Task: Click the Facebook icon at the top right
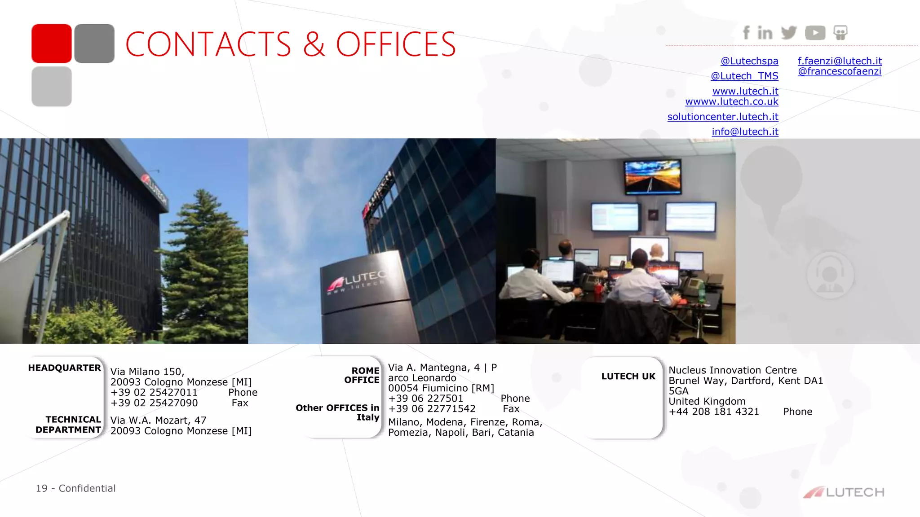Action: coord(746,32)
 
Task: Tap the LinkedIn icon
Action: coord(765,33)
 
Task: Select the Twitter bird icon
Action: coord(789,32)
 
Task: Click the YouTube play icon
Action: coord(815,33)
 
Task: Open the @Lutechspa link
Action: coord(749,61)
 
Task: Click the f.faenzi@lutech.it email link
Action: coord(840,61)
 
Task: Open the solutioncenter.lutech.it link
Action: coord(723,117)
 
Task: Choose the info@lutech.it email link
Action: coord(745,131)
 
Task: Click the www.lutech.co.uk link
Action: coord(732,101)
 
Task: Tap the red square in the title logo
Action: coord(52,44)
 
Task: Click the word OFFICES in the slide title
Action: coord(396,44)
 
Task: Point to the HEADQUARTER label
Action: coord(64,368)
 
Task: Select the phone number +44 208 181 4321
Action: coord(714,412)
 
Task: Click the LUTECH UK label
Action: coord(628,377)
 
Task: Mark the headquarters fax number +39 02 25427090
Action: coord(154,403)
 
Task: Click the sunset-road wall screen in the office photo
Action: coord(652,177)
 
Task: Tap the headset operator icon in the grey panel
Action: coord(830,274)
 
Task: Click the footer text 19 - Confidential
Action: coord(75,488)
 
